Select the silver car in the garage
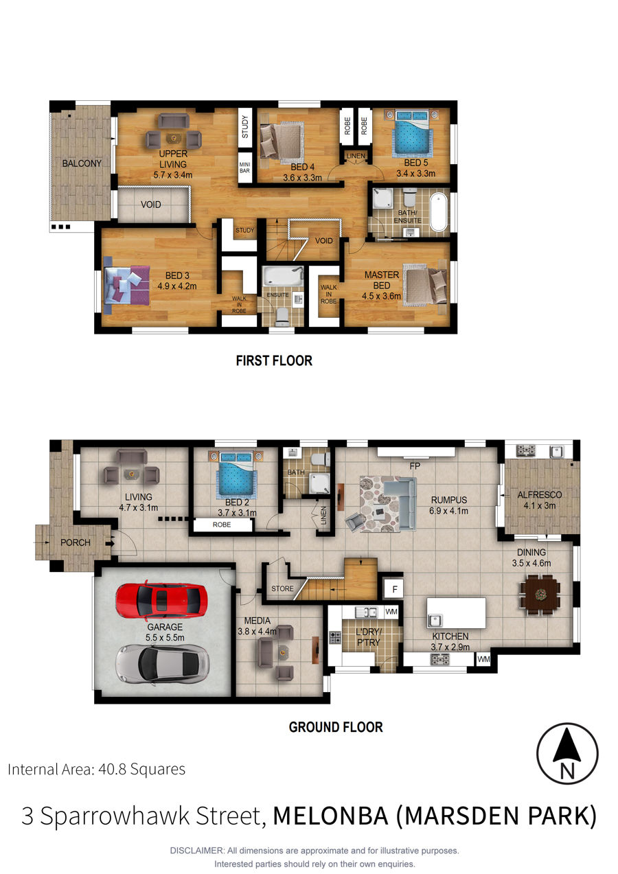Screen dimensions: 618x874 pos(162,663)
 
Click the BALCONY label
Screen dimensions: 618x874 pos(82,163)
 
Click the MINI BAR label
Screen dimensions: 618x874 pos(244,168)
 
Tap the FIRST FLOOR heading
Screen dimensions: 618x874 pos(274,360)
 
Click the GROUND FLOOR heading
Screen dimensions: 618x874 pos(336,727)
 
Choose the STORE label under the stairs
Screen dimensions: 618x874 pos(282,588)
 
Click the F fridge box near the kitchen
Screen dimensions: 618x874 pos(394,589)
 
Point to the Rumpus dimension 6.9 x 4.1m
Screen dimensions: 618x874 pos(448,511)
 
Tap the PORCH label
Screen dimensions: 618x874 pos(76,542)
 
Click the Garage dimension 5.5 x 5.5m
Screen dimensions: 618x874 pos(165,638)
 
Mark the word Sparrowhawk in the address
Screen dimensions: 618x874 pos(150,816)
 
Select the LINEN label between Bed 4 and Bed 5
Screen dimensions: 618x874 pos(356,156)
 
